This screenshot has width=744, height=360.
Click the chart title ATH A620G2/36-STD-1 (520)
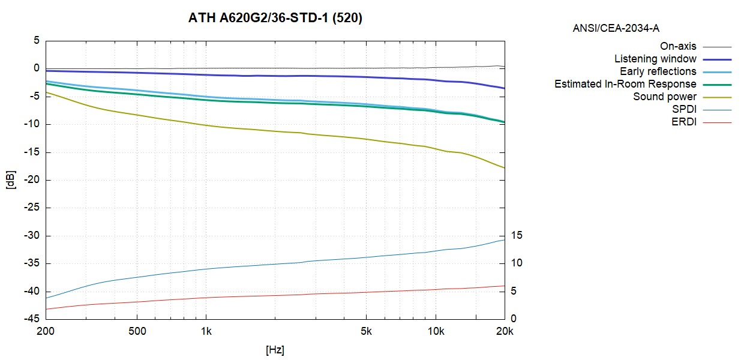click(275, 19)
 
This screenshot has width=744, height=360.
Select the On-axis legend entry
click(678, 46)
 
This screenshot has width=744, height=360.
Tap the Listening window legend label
click(655, 59)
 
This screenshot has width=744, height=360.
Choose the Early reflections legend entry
click(658, 71)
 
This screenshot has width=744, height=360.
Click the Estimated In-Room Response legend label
click(625, 84)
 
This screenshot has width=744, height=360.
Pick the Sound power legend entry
click(665, 97)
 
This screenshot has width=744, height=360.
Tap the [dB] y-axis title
click(10, 180)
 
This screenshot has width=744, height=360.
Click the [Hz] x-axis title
click(275, 349)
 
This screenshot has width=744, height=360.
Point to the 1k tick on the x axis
click(206, 331)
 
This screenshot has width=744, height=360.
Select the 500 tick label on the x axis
click(137, 331)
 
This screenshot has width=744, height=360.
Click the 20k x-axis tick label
click(504, 331)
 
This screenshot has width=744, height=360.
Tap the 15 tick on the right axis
click(516, 236)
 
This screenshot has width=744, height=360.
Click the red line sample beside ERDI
click(717, 122)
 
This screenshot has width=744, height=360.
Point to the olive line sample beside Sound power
click(717, 97)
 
